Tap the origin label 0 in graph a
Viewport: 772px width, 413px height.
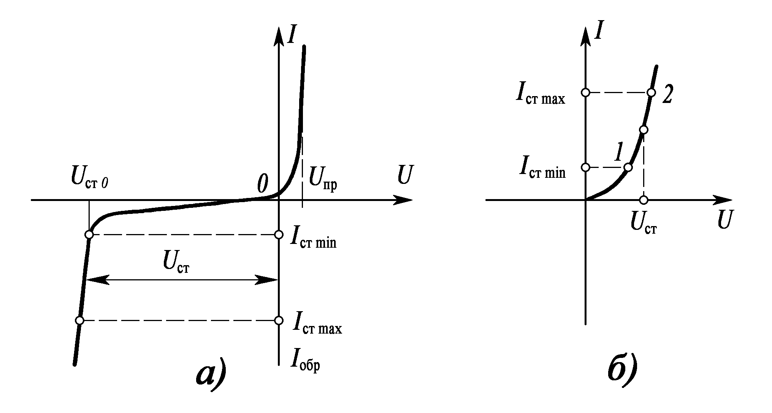(x=262, y=184)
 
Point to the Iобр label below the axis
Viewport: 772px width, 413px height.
(x=305, y=359)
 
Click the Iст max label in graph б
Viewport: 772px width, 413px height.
(x=540, y=95)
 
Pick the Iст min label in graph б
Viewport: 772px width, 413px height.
(x=542, y=169)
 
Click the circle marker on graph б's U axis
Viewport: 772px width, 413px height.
(x=643, y=200)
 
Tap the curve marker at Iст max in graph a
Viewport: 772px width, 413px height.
(x=79, y=320)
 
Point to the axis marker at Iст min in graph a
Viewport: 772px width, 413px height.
(x=279, y=234)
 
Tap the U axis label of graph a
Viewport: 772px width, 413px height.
(x=405, y=176)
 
